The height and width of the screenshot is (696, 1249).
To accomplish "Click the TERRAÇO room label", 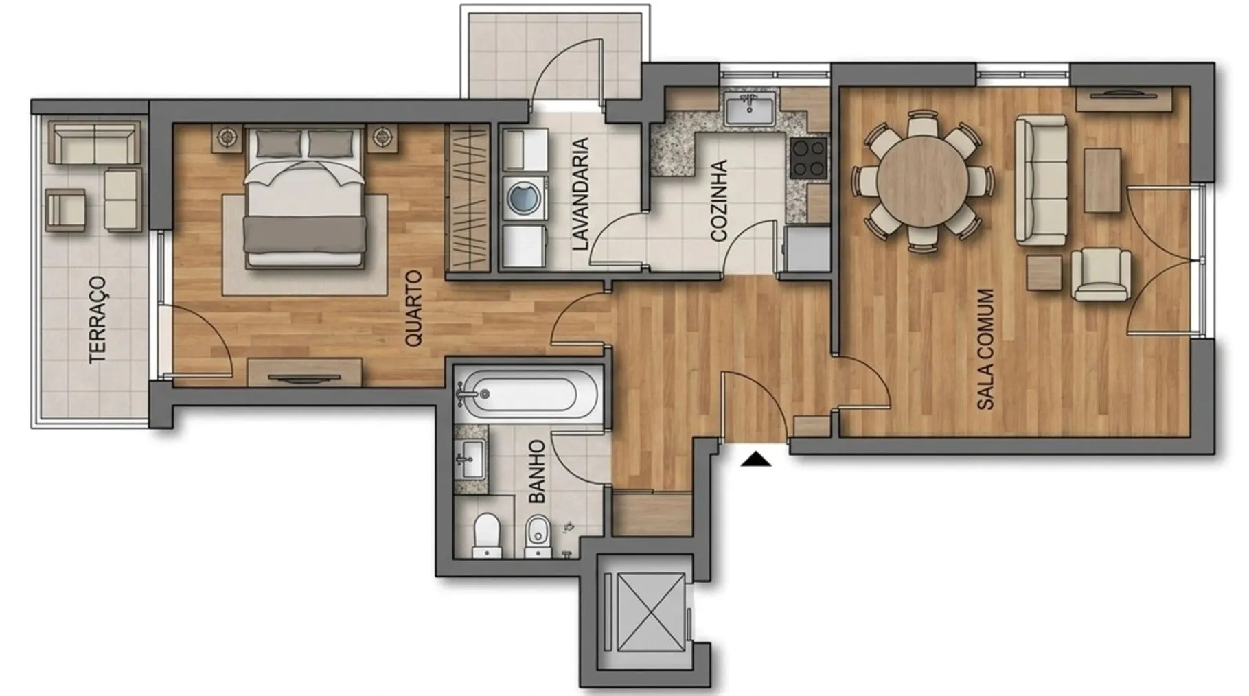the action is [99, 319].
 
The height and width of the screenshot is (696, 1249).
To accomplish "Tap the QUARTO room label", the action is [413, 309].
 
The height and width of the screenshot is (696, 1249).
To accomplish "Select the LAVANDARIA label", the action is [581, 194].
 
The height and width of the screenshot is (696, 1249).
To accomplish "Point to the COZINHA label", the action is [719, 201].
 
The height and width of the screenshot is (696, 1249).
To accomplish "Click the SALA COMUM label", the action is [985, 349].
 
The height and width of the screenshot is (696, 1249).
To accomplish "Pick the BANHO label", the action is [537, 472].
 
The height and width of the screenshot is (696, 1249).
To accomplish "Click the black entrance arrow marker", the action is [756, 459].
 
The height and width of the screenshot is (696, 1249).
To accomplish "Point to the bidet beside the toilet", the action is [538, 536].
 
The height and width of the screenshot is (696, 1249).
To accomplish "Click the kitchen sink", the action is [749, 108].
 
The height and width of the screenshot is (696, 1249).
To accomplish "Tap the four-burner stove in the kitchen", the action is [808, 158].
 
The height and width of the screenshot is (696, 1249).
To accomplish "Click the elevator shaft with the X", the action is [643, 612].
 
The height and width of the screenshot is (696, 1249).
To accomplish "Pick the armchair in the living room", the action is [1101, 274].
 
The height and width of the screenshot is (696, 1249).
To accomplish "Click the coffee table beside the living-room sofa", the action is [1103, 181].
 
